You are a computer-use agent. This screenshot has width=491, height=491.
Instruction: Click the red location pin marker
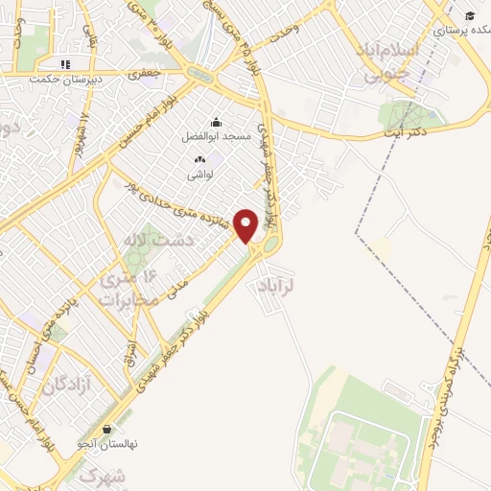pyautogui.click(x=246, y=224)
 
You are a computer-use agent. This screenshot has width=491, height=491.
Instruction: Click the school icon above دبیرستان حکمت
pyautogui.click(x=64, y=64)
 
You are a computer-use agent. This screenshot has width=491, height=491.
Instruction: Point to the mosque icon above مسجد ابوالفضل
pyautogui.click(x=216, y=122)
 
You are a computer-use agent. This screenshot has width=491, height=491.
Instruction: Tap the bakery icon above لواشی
pyautogui.click(x=199, y=159)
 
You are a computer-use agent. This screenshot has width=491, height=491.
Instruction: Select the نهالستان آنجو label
pyautogui.click(x=106, y=444)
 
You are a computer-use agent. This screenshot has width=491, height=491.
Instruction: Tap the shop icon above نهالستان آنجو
pyautogui.click(x=106, y=429)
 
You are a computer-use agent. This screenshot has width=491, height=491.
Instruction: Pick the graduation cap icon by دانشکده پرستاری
pyautogui.click(x=470, y=15)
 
